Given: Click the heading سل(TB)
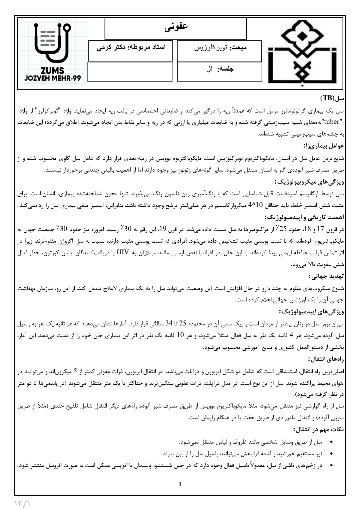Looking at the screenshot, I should pos(332,98).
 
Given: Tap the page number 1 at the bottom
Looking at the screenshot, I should pos(180,484).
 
